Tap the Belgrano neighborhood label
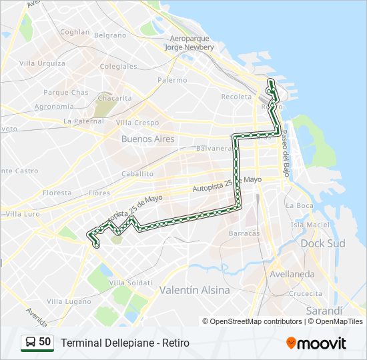coord(110,35)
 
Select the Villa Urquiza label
coord(42,63)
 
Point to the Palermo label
coord(172,80)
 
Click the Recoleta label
coord(236,97)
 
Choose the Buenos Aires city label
coord(147,139)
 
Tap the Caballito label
coord(137,174)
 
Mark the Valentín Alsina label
coord(194,290)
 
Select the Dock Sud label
coord(323,243)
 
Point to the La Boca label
coord(299,205)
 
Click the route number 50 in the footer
coord(45,342)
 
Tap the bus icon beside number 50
coord(30,343)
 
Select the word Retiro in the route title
coord(174,343)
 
